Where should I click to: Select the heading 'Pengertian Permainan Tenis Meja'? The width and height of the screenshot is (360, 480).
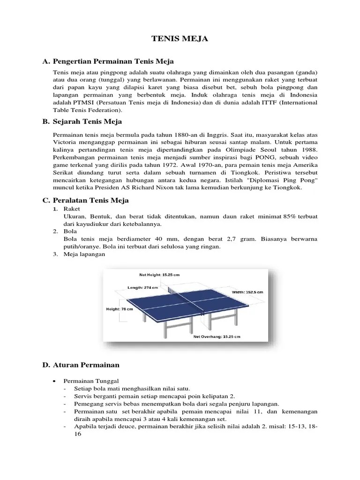click(x=113, y=61)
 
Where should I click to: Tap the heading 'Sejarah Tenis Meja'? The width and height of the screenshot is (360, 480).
click(x=88, y=121)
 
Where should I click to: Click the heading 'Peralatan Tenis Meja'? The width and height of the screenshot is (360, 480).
click(x=91, y=200)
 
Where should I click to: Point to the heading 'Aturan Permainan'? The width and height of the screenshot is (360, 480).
click(x=86, y=365)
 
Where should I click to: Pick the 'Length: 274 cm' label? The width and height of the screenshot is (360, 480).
click(x=143, y=288)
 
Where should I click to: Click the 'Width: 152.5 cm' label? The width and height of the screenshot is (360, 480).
click(x=247, y=292)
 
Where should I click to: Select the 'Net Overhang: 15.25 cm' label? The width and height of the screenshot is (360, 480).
click(x=217, y=337)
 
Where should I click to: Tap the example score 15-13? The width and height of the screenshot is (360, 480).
click(x=294, y=427)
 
